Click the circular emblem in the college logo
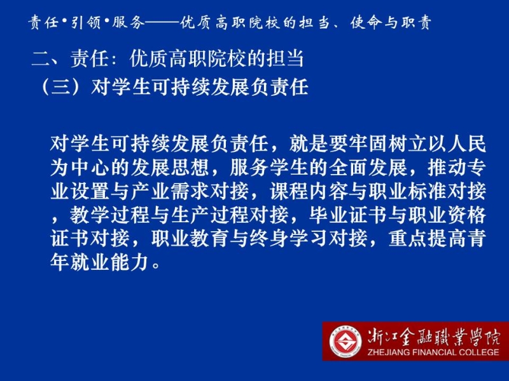coord(345,342)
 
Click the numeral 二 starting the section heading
coord(41,59)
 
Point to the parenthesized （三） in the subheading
coord(61,87)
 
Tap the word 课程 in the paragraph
coord(289,192)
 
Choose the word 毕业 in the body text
coord(328,215)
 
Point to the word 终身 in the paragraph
coord(268,239)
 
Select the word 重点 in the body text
coord(407,239)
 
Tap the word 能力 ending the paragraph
coord(129,262)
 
